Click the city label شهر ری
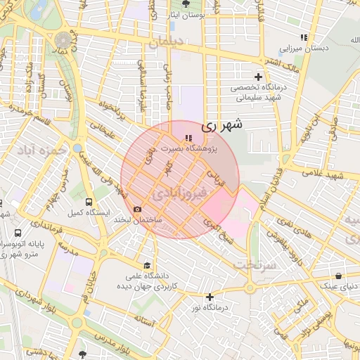click(x=222, y=126)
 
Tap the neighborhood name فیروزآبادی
click(x=179, y=192)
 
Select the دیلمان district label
click(x=165, y=43)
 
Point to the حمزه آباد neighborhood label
click(x=43, y=150)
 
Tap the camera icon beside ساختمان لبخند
click(x=136, y=209)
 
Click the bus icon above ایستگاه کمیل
click(x=88, y=200)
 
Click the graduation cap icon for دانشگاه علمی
click(x=147, y=265)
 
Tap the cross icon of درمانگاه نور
click(x=209, y=297)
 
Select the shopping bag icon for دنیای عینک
click(x=339, y=276)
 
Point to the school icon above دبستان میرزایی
click(x=304, y=37)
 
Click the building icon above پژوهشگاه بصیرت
click(x=187, y=138)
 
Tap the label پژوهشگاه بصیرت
click(x=189, y=149)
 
